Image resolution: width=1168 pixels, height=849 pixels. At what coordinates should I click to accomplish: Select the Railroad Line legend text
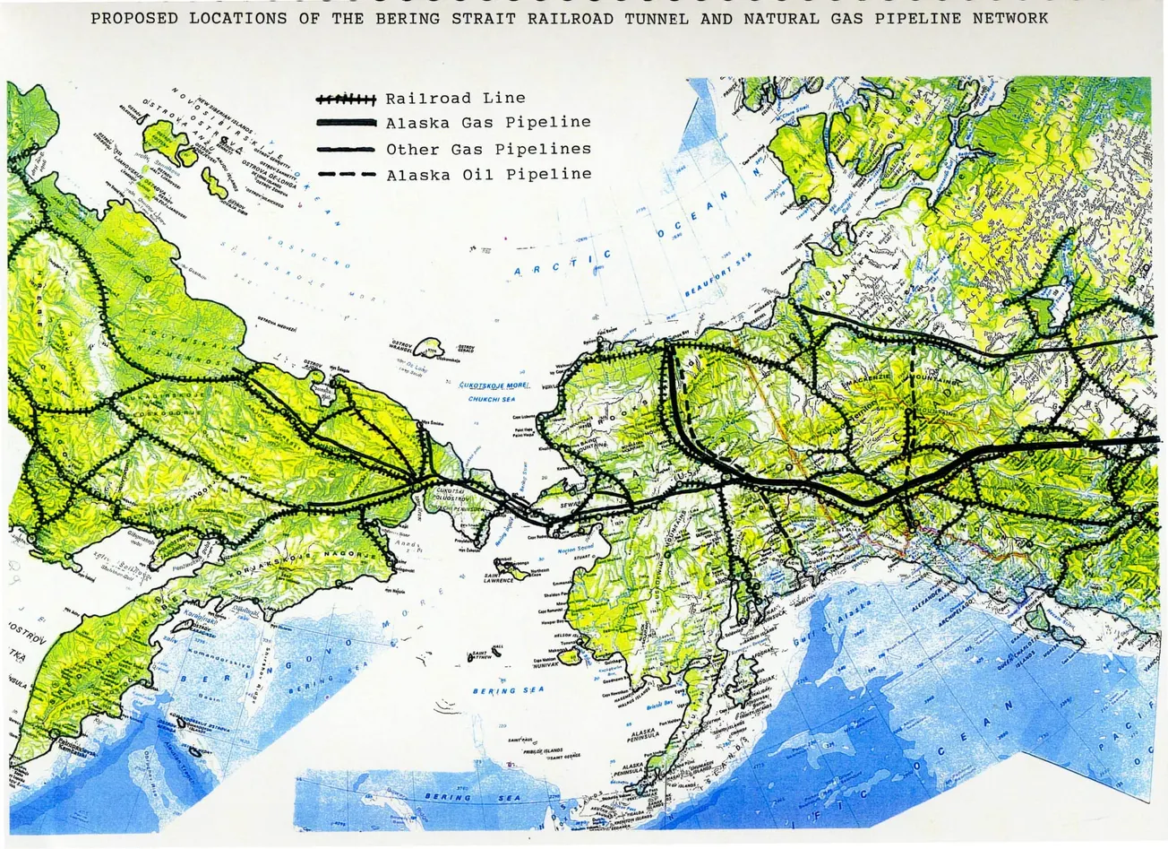click(455, 98)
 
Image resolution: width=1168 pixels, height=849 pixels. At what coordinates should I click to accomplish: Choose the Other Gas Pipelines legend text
click(488, 149)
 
